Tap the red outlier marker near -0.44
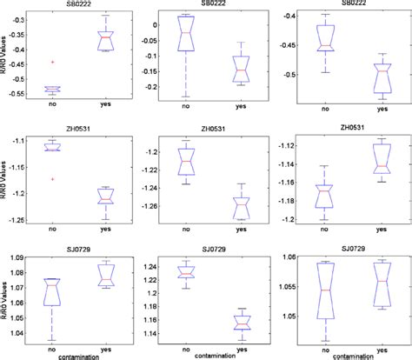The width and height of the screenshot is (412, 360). click(x=53, y=62)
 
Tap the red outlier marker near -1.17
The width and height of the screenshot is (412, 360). click(x=53, y=179)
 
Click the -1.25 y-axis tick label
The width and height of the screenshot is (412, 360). click(x=20, y=218)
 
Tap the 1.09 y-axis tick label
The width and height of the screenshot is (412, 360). click(x=22, y=257)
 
